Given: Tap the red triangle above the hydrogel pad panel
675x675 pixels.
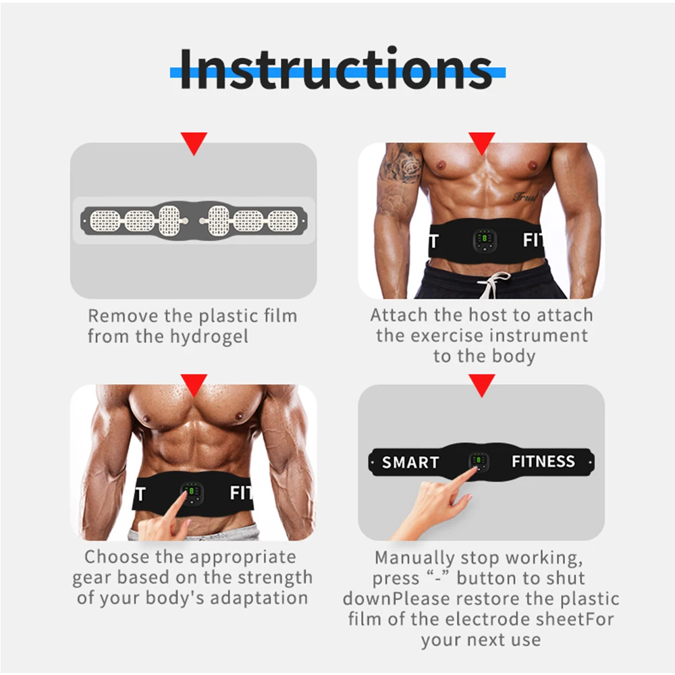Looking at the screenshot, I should tap(194, 142).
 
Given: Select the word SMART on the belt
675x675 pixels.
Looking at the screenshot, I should tap(410, 462).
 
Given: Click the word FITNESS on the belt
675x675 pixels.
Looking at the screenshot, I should tap(543, 462).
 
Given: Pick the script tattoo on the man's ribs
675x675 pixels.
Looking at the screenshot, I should tap(526, 197).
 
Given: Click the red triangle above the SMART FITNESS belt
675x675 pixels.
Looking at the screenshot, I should tap(482, 385).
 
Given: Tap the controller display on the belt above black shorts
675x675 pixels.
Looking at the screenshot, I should tap(483, 239).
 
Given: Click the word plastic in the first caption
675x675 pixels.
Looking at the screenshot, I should tap(218, 315).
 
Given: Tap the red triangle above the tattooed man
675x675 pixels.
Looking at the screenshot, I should tap(482, 142).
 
